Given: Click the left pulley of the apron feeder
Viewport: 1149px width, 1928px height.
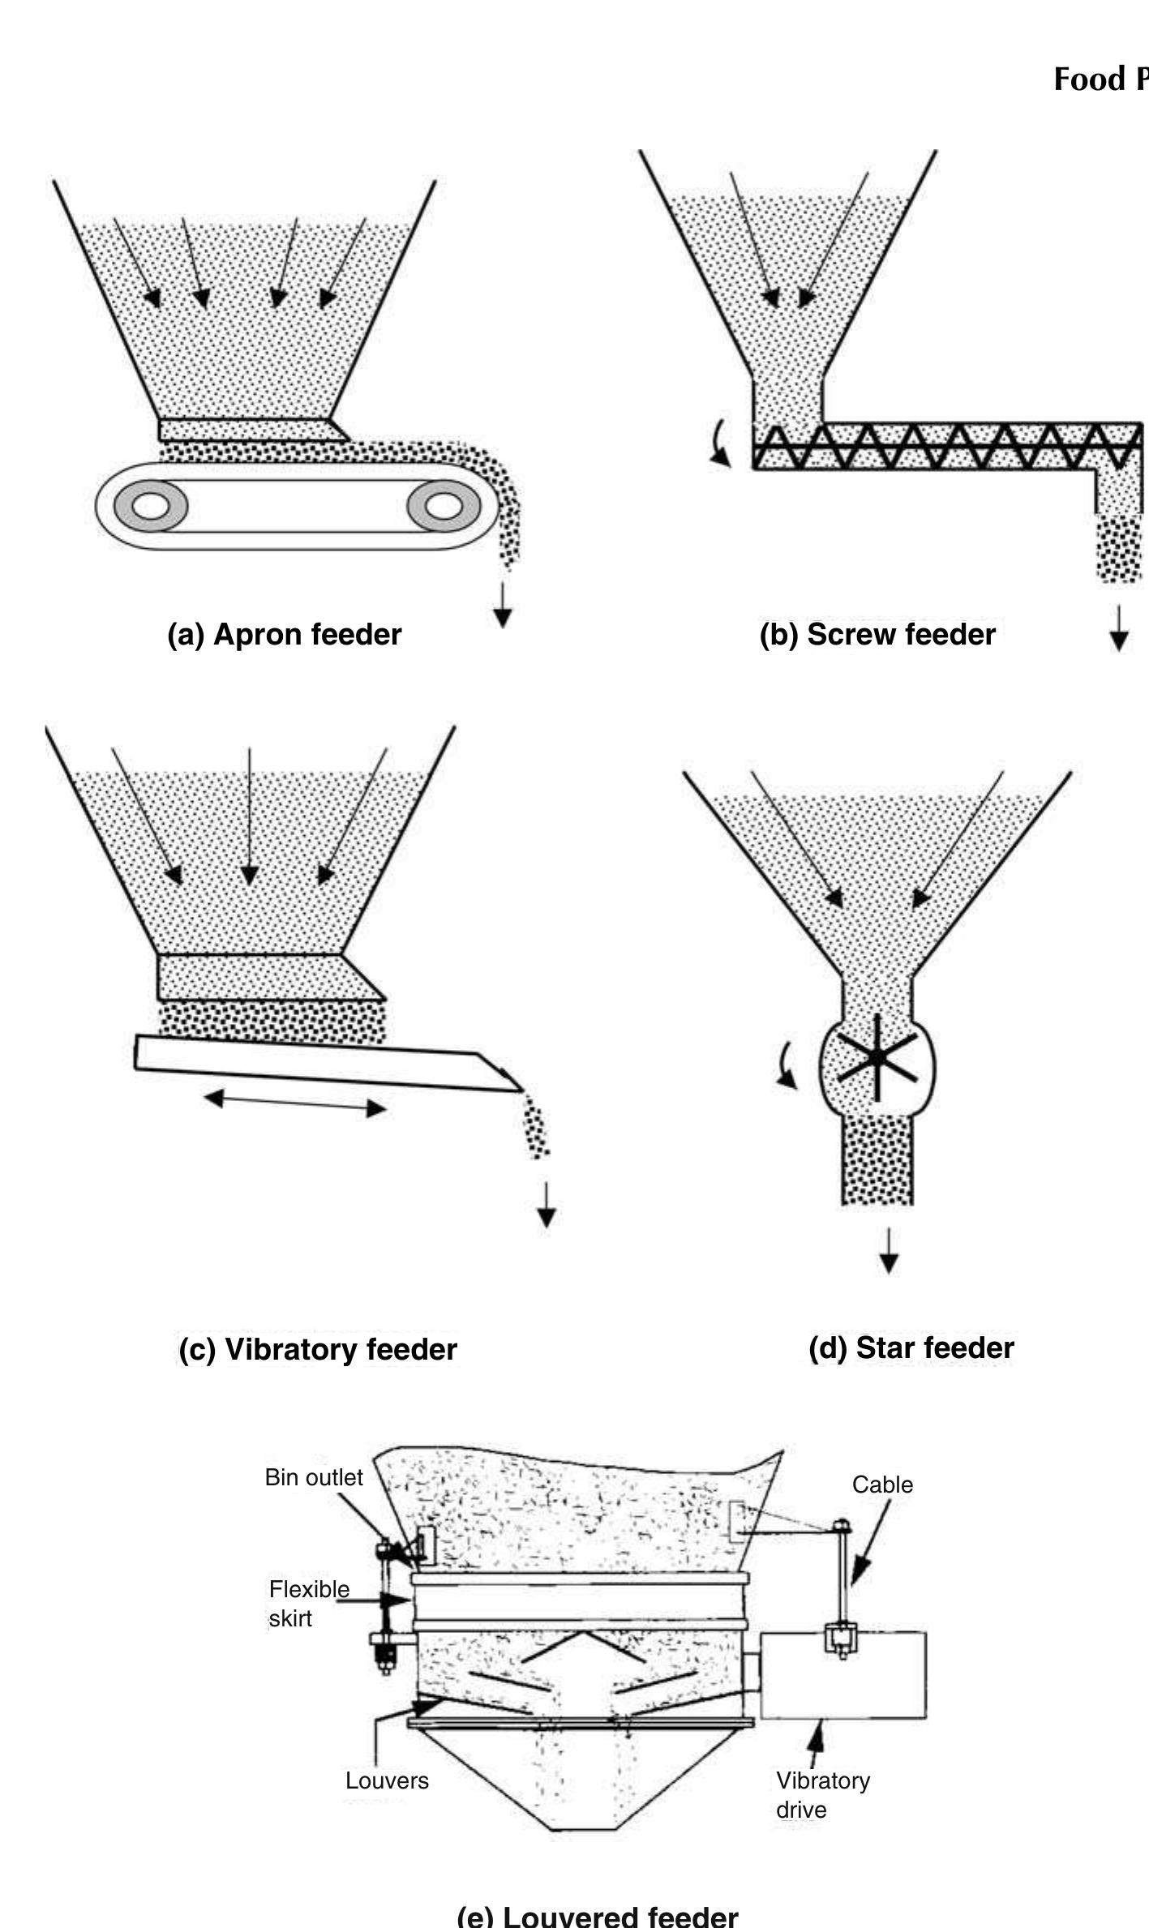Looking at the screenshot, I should tap(151, 506).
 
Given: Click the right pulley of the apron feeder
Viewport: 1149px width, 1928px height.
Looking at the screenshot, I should tap(443, 506).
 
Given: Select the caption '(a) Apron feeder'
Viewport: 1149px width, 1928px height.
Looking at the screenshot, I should tap(284, 634).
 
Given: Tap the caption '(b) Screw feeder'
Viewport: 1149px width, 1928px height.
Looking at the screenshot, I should tap(877, 634).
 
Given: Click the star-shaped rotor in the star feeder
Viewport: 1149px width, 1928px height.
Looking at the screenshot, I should tap(877, 1059).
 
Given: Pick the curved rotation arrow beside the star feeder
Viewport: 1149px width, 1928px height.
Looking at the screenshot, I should tap(785, 1066).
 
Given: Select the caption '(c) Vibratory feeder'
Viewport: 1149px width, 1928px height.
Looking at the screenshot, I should tap(318, 1349).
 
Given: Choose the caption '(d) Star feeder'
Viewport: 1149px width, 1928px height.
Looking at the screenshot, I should tap(911, 1347).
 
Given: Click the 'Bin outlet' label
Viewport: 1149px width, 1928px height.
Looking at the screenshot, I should tap(314, 1477).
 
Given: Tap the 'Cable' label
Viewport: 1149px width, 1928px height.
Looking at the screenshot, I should tap(882, 1485).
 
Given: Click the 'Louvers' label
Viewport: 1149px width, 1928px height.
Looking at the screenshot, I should tap(387, 1780).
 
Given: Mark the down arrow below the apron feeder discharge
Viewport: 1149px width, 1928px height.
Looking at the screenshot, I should tap(503, 605).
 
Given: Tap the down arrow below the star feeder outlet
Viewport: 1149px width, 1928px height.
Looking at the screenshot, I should tap(889, 1250).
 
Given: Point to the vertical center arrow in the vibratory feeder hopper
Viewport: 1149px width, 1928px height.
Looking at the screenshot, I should tap(249, 815).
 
